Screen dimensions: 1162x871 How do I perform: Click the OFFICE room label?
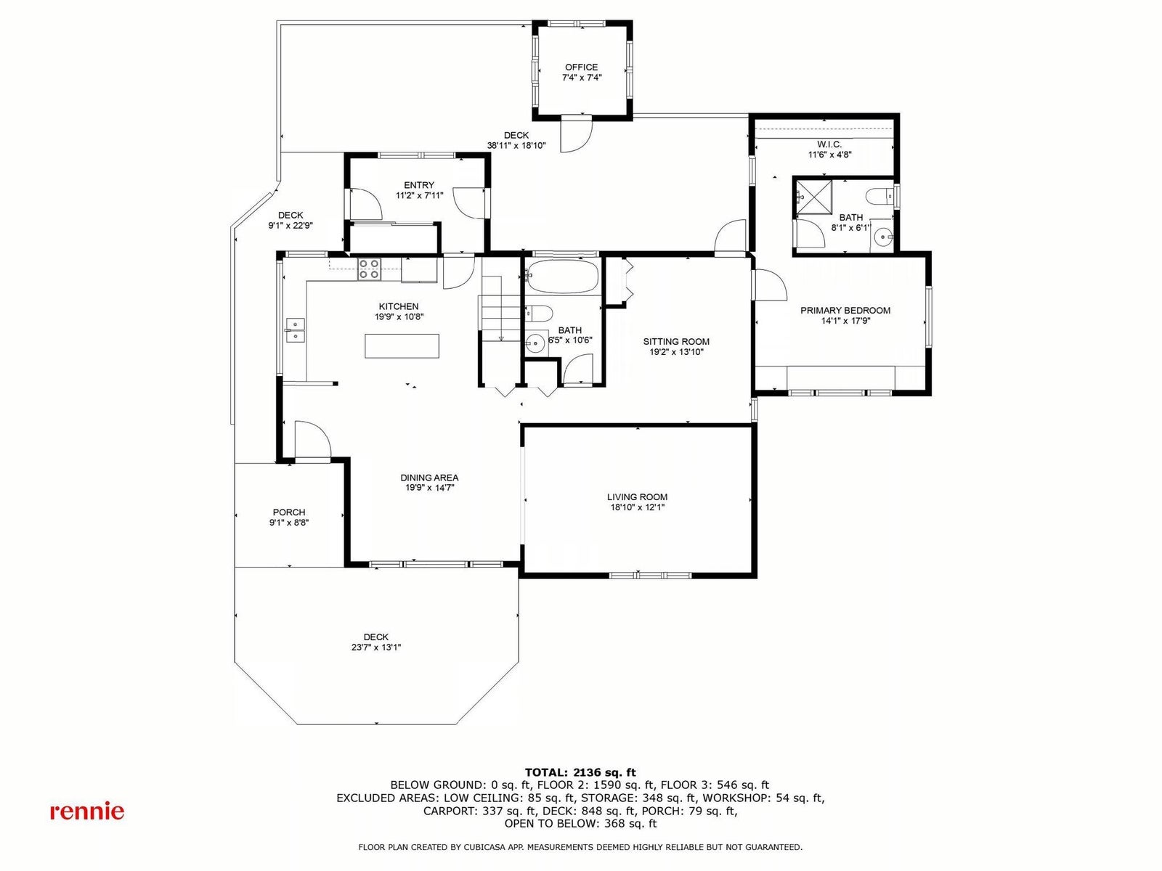[x=581, y=68]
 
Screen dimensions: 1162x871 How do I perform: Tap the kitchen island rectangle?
[x=402, y=346]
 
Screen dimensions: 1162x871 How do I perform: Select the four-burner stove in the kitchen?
[x=368, y=269]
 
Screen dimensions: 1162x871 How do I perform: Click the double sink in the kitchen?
[x=296, y=330]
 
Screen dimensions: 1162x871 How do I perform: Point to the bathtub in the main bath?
[x=563, y=276]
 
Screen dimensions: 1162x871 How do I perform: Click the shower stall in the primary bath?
[x=813, y=197]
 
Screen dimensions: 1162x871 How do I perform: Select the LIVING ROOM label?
[x=637, y=497]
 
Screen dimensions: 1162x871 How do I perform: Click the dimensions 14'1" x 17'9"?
[x=845, y=321]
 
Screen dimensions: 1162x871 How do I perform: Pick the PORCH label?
[x=289, y=512]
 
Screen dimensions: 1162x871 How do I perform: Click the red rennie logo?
[x=87, y=811]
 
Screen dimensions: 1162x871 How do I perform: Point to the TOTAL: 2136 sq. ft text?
[x=580, y=772]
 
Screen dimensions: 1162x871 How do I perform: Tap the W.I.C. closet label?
[x=829, y=144]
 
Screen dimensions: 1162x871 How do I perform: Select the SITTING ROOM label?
[x=676, y=342]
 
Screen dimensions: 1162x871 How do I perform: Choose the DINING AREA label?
[x=429, y=478]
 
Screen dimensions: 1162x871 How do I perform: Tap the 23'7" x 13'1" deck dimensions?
[x=376, y=647]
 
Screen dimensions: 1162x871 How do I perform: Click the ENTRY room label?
[x=419, y=185]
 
